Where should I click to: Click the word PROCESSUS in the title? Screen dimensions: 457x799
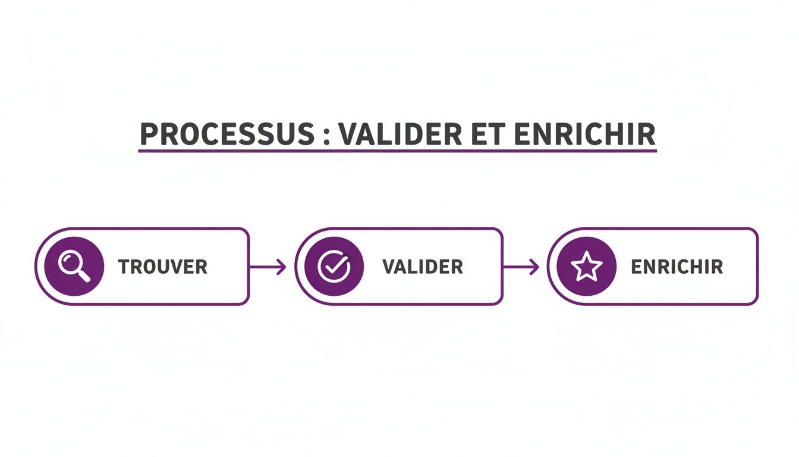point(225,134)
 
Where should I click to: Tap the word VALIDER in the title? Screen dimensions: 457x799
point(400,134)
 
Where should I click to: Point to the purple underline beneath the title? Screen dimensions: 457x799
point(397,151)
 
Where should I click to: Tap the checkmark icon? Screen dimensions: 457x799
point(334,266)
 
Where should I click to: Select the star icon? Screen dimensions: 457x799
point(587,267)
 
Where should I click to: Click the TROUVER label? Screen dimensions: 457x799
point(163,267)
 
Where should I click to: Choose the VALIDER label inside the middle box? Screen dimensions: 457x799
point(423,267)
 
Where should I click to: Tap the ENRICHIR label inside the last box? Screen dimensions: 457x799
point(677,267)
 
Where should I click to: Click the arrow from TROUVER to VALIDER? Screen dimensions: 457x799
point(267,267)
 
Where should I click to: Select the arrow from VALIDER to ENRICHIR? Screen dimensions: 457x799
point(521,267)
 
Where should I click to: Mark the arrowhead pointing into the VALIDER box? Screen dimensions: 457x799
point(282,267)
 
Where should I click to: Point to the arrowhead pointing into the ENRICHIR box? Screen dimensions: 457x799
point(535,267)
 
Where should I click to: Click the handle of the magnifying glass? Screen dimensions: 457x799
point(84,276)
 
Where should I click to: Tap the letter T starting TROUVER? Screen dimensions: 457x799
point(124,267)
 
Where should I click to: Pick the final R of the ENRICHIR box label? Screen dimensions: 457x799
point(717,267)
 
